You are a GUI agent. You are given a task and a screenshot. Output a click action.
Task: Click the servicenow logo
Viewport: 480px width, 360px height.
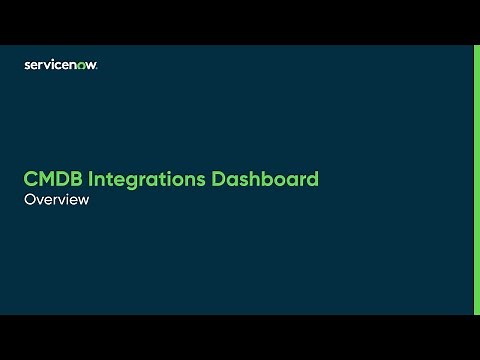click(60, 65)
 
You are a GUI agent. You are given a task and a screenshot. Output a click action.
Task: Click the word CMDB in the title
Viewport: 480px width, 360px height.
click(52, 180)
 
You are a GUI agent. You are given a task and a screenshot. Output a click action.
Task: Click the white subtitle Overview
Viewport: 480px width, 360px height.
click(57, 199)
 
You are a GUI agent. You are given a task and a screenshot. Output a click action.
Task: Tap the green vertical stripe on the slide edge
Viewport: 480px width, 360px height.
click(476, 180)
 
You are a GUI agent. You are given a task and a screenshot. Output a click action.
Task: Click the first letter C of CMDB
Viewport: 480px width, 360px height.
click(31, 180)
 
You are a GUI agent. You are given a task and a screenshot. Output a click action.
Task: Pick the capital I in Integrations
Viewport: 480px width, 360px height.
click(91, 180)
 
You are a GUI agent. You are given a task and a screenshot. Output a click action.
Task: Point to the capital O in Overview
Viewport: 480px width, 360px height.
click(30, 199)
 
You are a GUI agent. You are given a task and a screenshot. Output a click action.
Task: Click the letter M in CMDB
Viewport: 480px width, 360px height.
click(46, 180)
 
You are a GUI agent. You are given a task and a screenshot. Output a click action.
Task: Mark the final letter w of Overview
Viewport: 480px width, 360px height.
click(84, 200)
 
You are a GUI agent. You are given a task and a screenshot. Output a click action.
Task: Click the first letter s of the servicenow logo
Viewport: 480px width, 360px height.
click(27, 66)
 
